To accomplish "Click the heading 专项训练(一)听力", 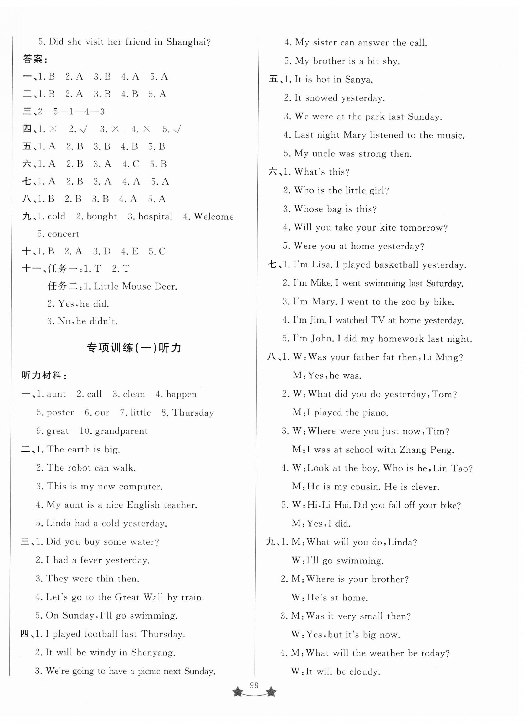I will (x=134, y=348).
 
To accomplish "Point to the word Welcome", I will (x=213, y=216).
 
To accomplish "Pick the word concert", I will (x=63, y=234).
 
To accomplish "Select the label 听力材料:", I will (x=44, y=376).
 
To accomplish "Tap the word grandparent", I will (x=121, y=431).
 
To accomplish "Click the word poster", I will (x=60, y=413).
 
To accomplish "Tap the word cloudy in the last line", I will (x=364, y=671).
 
